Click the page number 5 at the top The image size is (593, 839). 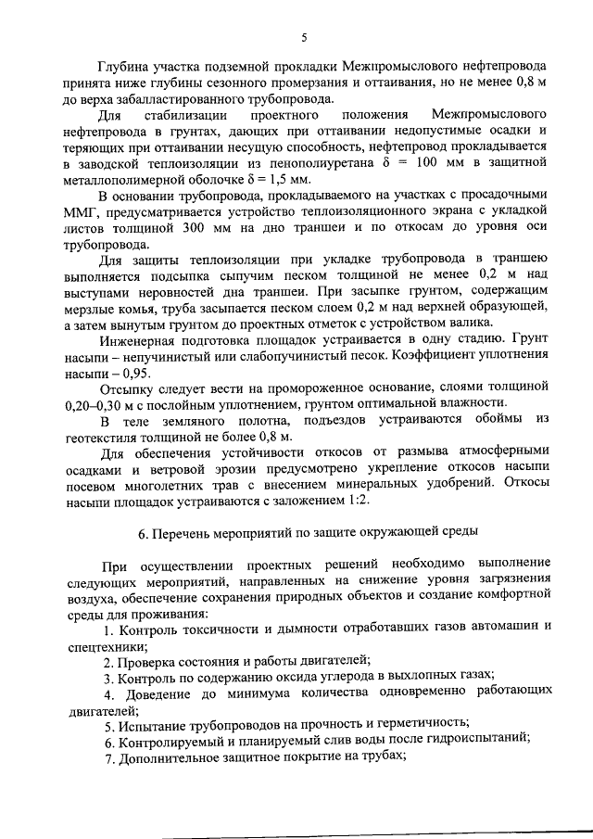(x=304, y=37)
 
